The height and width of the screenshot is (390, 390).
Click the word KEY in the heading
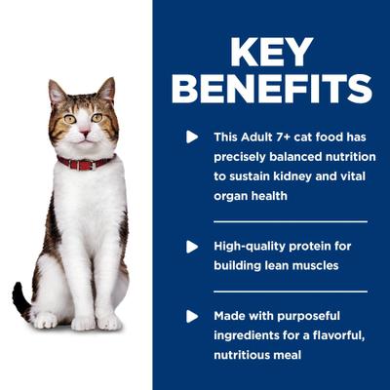point(271,53)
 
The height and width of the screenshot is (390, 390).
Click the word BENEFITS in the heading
point(271,88)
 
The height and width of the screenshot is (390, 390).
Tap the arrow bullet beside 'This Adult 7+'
point(192,136)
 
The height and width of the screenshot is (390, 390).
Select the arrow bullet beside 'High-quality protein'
point(192,246)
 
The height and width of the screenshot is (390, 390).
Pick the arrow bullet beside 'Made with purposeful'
point(192,316)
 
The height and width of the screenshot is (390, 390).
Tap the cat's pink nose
point(83,128)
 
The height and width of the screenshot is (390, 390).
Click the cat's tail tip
point(17,292)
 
